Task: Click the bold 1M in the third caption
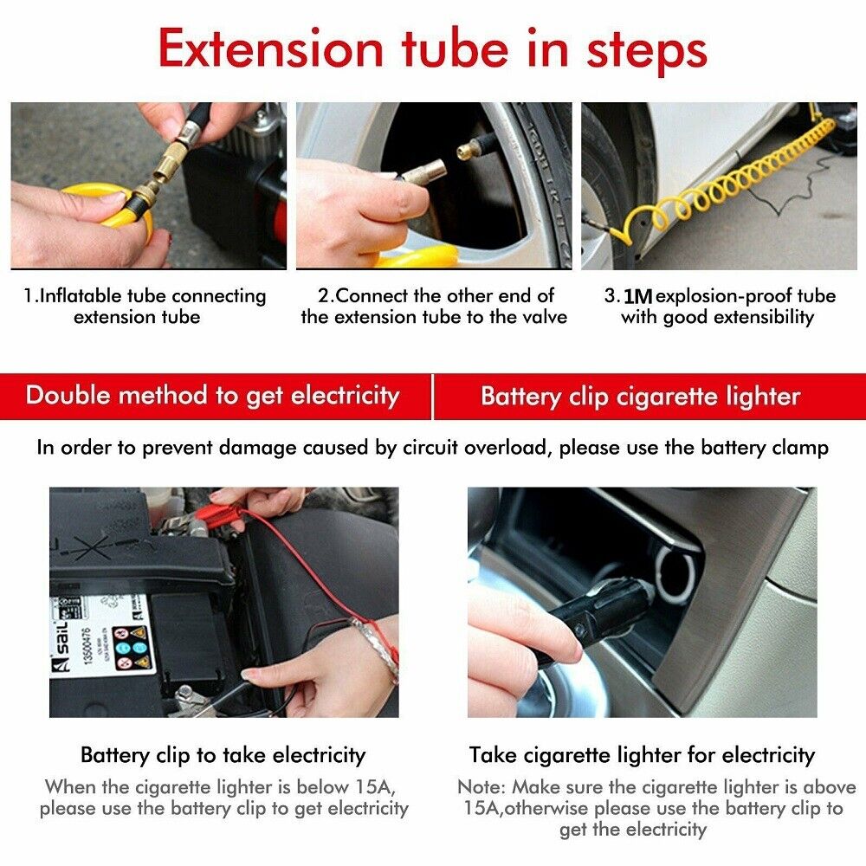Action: pyautogui.click(x=637, y=296)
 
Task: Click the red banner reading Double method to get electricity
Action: pyautogui.click(x=213, y=396)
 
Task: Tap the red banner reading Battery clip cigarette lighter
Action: pyautogui.click(x=641, y=397)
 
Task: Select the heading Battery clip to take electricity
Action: pyautogui.click(x=223, y=754)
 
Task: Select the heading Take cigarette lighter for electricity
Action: pyautogui.click(x=642, y=754)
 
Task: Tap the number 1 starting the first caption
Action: pyautogui.click(x=27, y=296)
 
